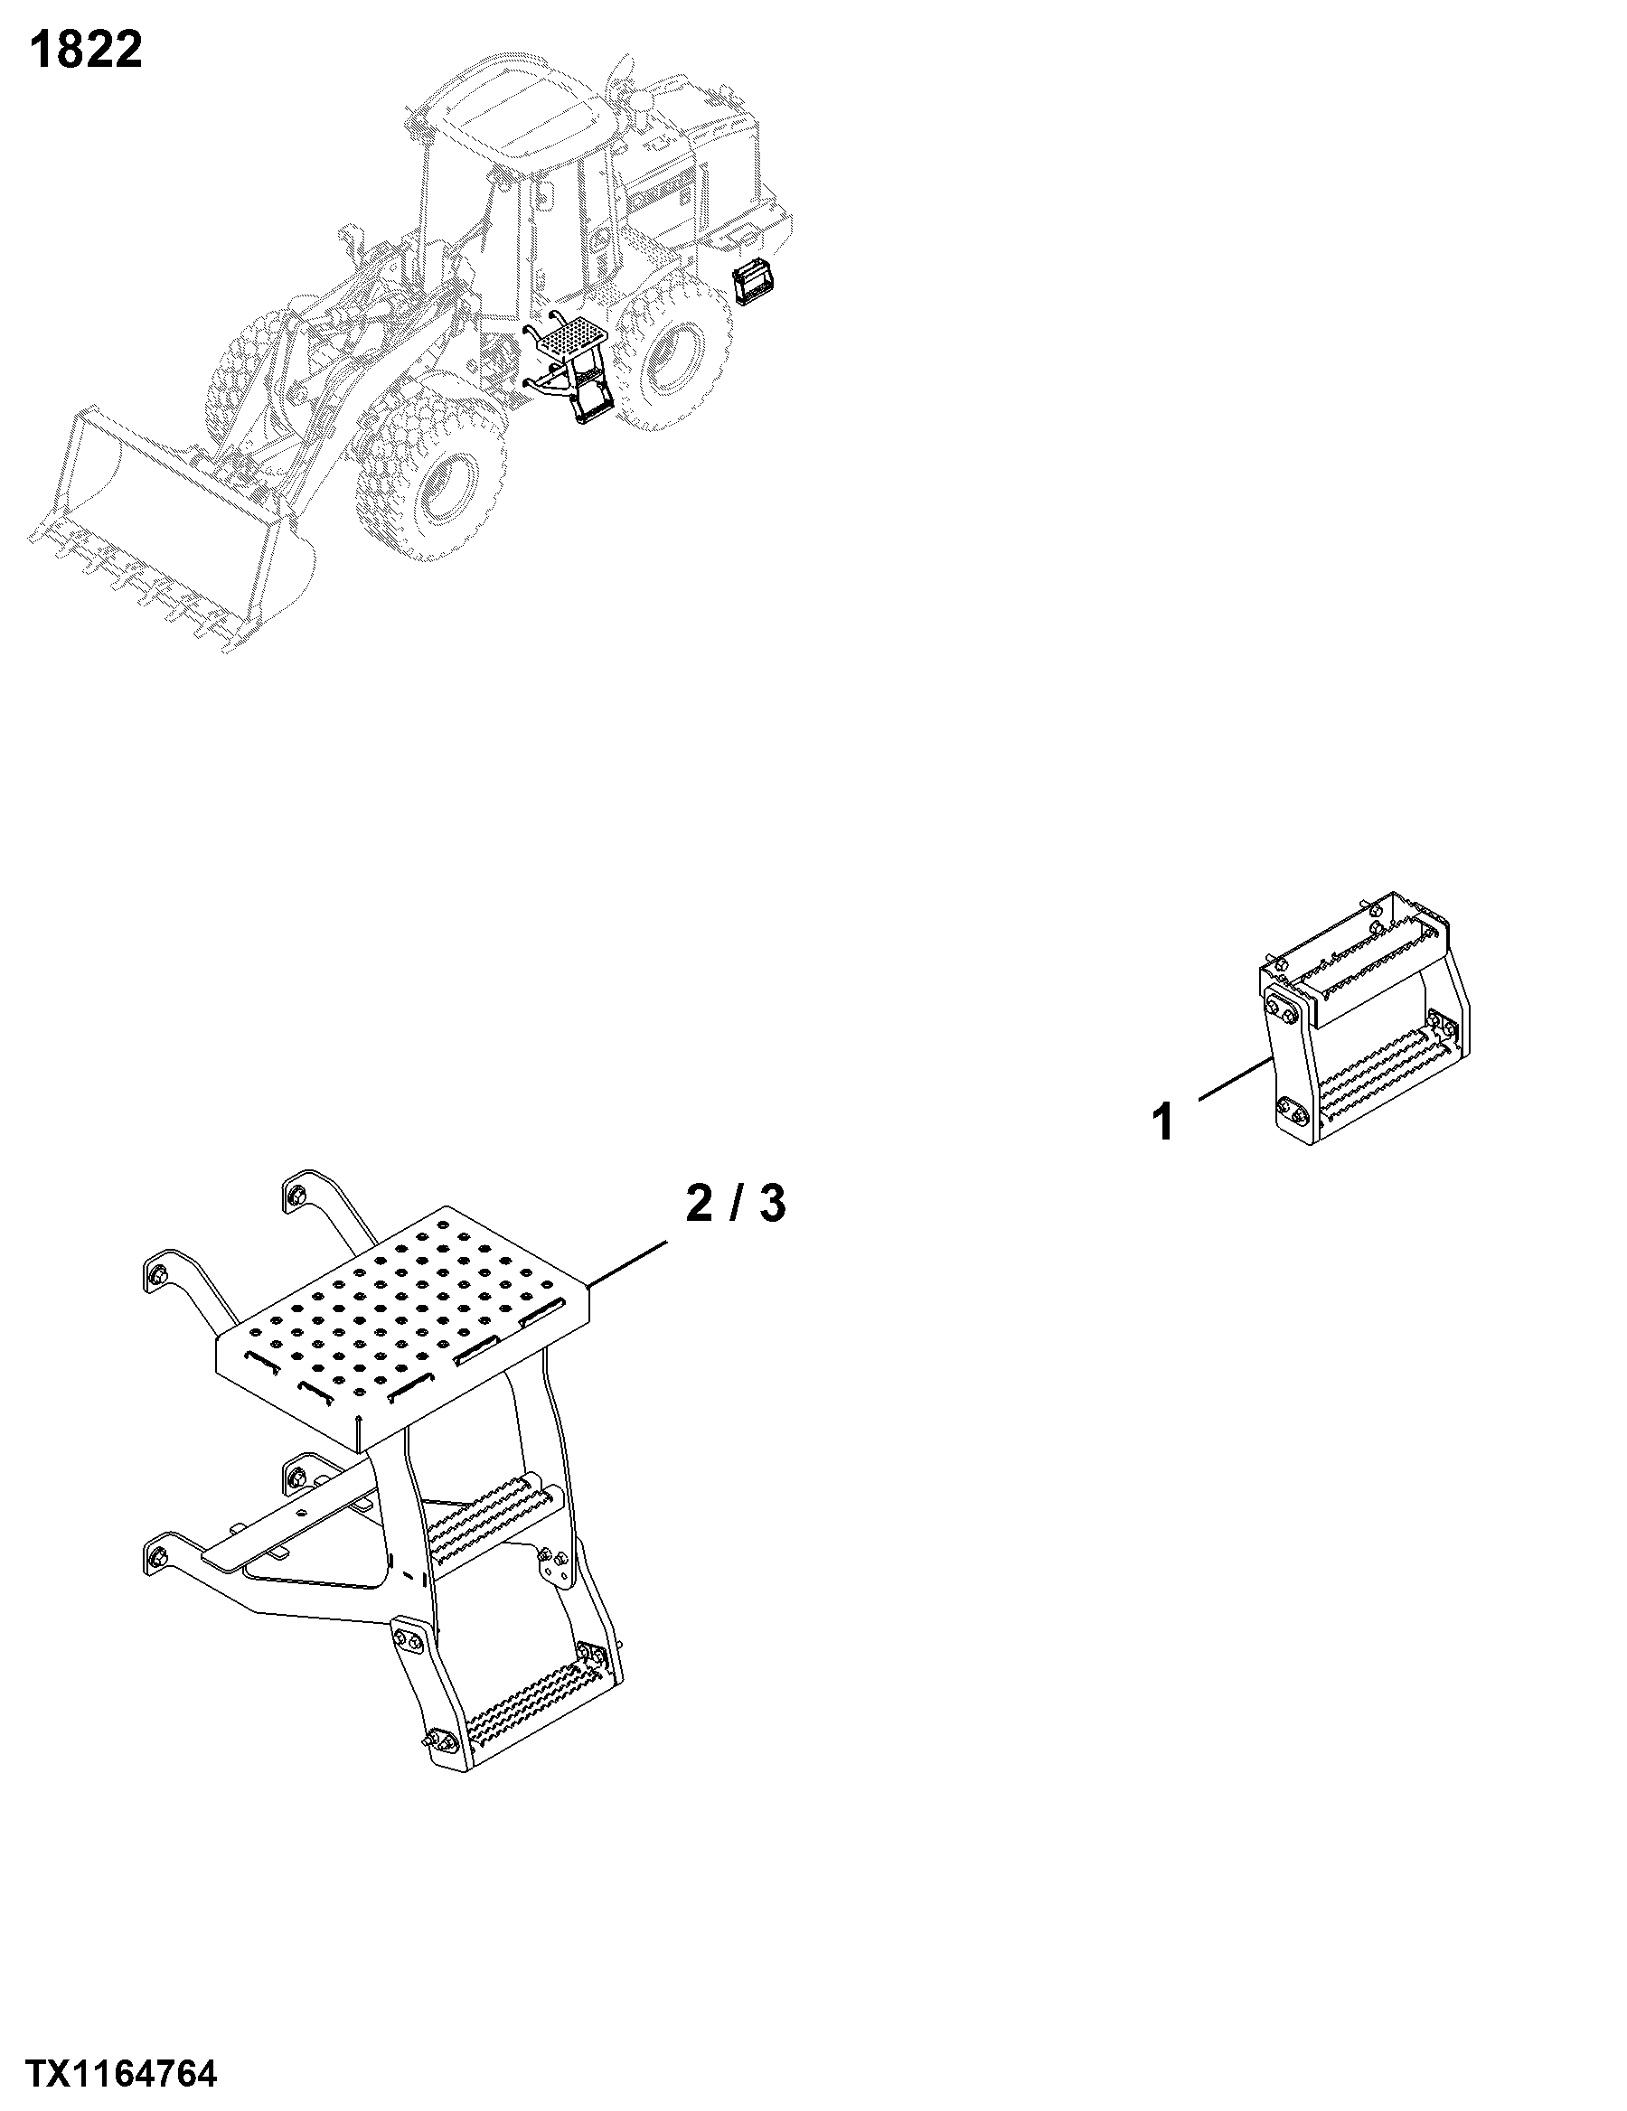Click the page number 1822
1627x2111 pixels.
(86, 50)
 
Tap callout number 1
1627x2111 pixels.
(1165, 1123)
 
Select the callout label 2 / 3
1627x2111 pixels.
(736, 1204)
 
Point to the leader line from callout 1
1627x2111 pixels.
(1234, 1080)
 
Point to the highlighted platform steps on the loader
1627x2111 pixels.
(570, 367)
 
